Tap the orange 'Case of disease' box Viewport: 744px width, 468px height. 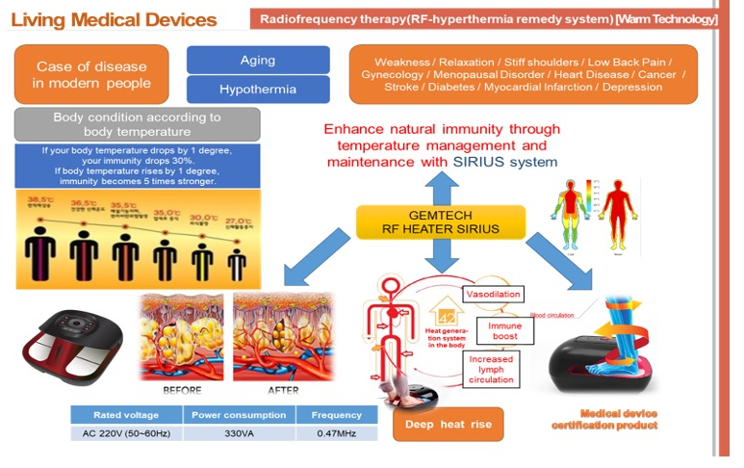(91, 75)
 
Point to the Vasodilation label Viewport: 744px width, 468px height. (494, 294)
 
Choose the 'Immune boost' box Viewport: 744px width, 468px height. (504, 330)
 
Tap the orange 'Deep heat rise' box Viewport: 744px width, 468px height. (448, 425)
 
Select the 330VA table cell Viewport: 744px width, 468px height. (240, 434)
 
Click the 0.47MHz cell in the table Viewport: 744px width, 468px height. (337, 434)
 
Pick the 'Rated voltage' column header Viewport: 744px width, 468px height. (126, 415)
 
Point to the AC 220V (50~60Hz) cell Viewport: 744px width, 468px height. (126, 434)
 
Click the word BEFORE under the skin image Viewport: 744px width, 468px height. (182, 391)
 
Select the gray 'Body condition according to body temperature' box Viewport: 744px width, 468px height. (137, 124)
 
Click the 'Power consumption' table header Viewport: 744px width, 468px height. (240, 415)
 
